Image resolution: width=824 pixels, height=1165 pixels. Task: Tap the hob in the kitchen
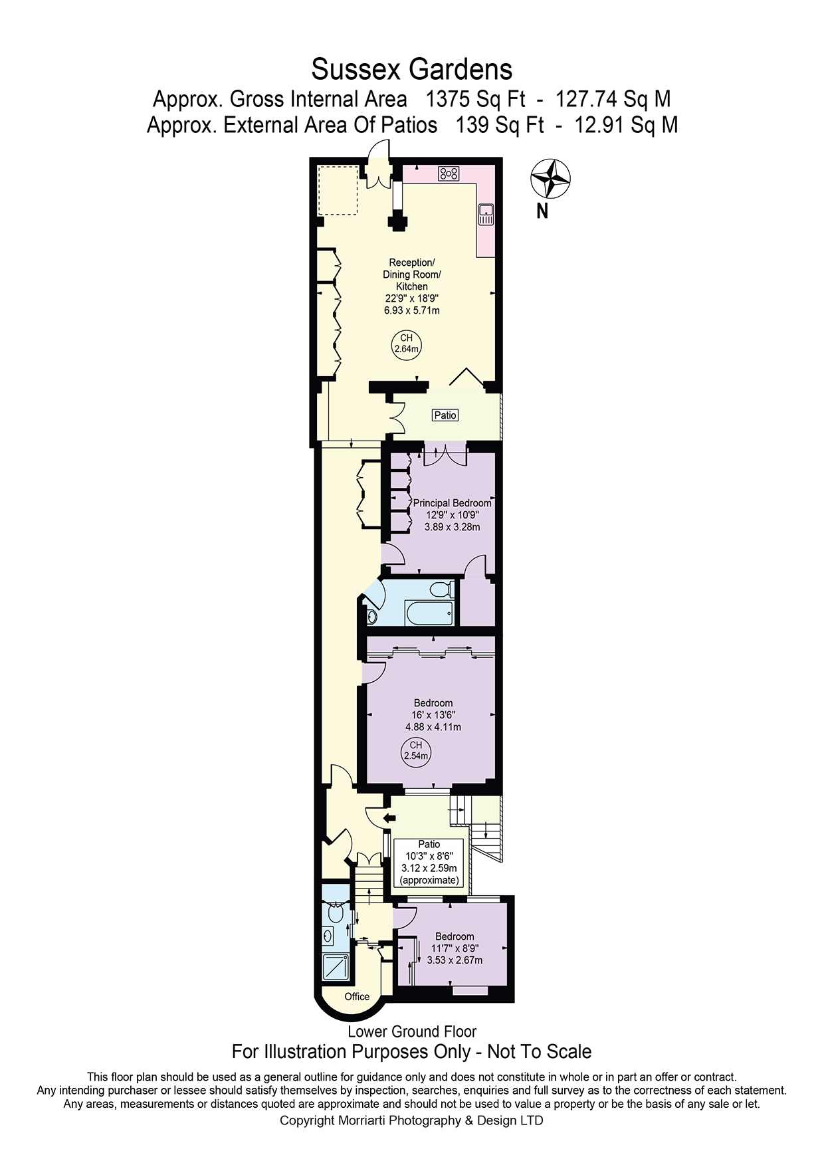point(449,174)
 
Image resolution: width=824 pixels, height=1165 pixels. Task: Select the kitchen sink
point(486,213)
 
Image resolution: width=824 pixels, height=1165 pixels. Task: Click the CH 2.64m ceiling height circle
point(407,344)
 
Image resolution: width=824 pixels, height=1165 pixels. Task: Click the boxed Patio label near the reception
point(445,415)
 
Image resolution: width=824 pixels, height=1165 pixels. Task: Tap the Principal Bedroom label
point(453,503)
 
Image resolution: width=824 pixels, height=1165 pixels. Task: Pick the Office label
point(357,996)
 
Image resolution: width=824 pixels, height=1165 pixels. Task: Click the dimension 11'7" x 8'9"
point(455,948)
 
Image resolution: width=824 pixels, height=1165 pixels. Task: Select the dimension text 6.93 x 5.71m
point(412,310)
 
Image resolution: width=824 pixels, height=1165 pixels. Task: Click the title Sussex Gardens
point(412,69)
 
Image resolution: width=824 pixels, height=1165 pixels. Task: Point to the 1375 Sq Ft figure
point(474,100)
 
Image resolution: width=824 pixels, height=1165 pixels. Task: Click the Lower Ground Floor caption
point(412,1031)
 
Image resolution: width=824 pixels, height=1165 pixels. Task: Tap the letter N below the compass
point(543,212)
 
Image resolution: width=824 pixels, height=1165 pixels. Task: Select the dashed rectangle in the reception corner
point(338,190)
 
